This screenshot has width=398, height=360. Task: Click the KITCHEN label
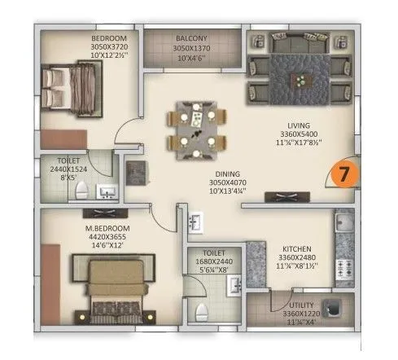[297, 248]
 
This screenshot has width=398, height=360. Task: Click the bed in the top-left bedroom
[73, 86]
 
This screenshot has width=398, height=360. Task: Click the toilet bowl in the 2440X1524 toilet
[80, 192]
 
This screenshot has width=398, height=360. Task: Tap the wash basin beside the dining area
[196, 221]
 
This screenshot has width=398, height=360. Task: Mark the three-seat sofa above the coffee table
[302, 48]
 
